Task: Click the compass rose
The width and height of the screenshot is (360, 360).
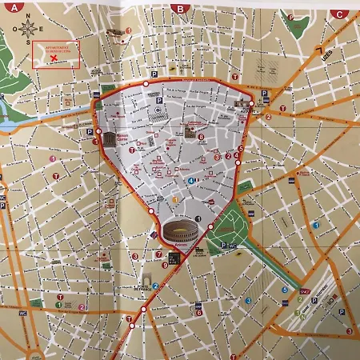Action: coord(29,31)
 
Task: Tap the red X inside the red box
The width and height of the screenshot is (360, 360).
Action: coord(54,59)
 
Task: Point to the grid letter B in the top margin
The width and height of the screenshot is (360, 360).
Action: coord(181,10)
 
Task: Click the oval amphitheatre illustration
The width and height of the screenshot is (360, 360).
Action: coord(180,231)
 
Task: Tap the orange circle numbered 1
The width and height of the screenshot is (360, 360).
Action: coord(174,199)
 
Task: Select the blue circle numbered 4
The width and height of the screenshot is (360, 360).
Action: coord(190,181)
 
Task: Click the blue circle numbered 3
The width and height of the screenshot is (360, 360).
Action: coord(249,301)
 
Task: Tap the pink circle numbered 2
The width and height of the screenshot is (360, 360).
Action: coord(82,306)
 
